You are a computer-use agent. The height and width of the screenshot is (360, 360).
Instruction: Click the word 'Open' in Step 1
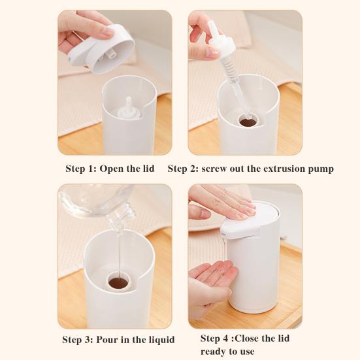coord(112,169)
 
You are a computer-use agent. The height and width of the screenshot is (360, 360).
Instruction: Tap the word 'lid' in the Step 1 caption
coord(148,169)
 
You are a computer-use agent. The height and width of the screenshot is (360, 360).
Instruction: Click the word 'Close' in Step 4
coord(247,338)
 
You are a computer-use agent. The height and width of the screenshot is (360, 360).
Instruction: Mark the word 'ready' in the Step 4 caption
coord(214,352)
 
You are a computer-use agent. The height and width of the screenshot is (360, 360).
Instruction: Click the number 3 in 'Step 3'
coord(88,340)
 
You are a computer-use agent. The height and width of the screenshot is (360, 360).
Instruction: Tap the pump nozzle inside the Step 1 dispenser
coord(128,107)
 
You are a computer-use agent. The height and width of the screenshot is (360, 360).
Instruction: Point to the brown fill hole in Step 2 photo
coord(248,122)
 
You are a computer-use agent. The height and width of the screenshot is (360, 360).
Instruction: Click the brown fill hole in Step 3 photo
coord(118,283)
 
